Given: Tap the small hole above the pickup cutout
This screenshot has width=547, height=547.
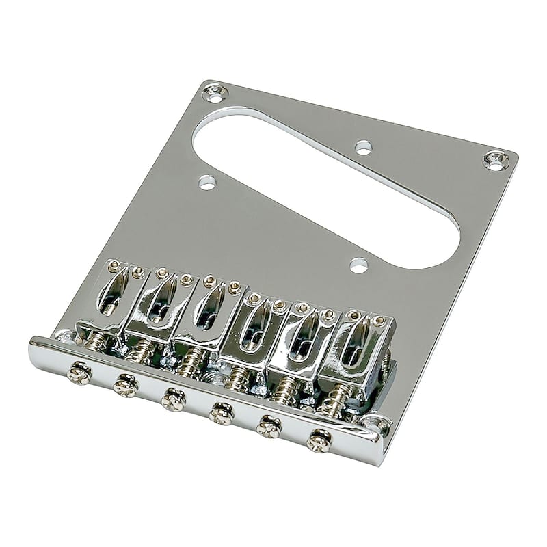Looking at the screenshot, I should [363, 146].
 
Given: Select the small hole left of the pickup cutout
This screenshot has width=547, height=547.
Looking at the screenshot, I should [205, 182].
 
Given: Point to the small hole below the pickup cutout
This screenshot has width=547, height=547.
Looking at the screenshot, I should [357, 263].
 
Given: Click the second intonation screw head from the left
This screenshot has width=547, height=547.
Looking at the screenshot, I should [125, 385].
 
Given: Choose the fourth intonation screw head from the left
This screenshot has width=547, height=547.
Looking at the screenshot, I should [221, 413].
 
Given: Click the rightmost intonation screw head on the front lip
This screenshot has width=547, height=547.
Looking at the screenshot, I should [319, 440].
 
